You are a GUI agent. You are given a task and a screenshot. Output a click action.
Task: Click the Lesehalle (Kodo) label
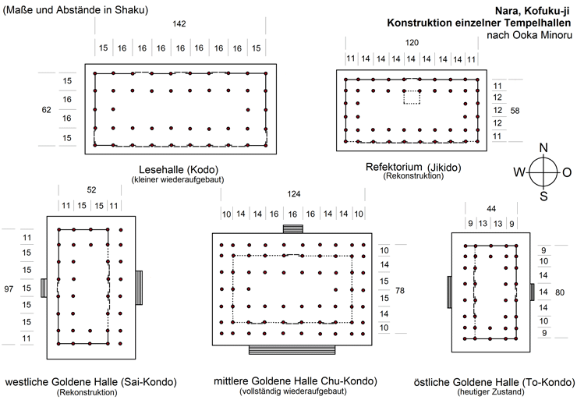tap(178, 169)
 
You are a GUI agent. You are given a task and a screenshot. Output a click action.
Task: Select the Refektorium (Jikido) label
tap(413, 167)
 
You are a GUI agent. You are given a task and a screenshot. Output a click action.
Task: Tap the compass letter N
tap(543, 148)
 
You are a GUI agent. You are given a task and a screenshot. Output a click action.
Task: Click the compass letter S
tap(544, 196)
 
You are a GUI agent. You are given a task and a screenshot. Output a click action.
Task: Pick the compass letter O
tap(567, 172)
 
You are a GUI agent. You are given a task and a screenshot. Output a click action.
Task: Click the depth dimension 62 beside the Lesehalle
tap(46, 110)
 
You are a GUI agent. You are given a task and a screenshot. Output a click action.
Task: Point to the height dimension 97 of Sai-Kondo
tap(9, 288)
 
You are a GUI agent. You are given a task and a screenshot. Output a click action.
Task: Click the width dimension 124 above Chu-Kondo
tap(293, 193)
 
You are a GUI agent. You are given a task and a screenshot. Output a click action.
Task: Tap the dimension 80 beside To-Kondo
tap(559, 292)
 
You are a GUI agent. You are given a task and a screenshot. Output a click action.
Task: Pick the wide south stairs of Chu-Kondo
tap(292, 349)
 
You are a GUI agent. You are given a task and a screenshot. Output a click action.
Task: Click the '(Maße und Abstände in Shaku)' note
tap(76, 10)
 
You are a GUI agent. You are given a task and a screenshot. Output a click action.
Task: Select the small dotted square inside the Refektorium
tap(412, 97)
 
